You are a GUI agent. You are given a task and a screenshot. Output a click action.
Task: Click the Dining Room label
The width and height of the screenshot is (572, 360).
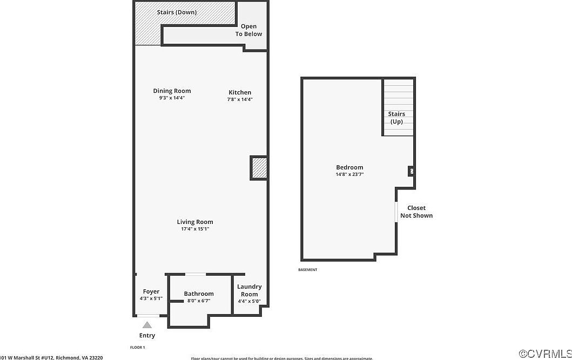coord(172,91)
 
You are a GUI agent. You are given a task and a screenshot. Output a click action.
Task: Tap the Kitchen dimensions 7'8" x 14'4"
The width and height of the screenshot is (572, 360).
coord(239,99)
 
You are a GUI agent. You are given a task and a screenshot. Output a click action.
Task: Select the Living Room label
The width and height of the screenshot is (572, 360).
coord(195,222)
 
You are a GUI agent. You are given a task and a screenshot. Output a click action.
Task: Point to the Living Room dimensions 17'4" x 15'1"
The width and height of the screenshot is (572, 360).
coord(195,229)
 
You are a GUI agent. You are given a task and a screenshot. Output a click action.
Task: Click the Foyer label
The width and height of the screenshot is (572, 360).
coord(151,291)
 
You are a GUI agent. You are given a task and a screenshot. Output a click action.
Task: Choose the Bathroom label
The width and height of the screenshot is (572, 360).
coord(199,294)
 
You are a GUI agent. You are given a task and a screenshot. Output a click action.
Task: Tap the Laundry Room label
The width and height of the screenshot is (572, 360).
coord(249,290)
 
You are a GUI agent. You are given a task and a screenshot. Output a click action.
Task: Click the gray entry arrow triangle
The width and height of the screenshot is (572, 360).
coord(147,325)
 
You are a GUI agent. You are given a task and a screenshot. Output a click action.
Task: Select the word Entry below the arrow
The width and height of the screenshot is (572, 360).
coord(147,336)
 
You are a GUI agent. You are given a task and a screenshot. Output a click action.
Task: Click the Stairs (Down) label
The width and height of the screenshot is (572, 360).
coord(177,12)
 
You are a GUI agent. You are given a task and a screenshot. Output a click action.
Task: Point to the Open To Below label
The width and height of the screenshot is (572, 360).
coord(248,30)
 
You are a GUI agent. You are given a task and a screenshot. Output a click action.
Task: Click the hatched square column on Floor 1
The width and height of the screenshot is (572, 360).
coord(259,168)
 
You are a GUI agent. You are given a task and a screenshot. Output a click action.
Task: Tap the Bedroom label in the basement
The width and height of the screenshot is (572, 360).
coord(349,167)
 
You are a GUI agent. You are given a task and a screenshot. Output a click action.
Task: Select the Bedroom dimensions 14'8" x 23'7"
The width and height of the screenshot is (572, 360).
coord(349,174)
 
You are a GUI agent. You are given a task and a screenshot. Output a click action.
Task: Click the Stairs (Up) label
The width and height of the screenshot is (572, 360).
coord(396,118)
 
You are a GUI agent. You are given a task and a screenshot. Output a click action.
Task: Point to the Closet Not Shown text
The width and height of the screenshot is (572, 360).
coord(416,212)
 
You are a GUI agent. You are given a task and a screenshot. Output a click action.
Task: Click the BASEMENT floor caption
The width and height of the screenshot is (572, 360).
coord(308,270)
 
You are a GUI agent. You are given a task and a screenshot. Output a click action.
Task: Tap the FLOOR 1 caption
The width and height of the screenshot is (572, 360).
coord(138,347)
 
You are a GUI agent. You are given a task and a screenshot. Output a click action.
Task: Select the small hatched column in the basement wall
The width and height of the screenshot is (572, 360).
coord(411,172)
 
